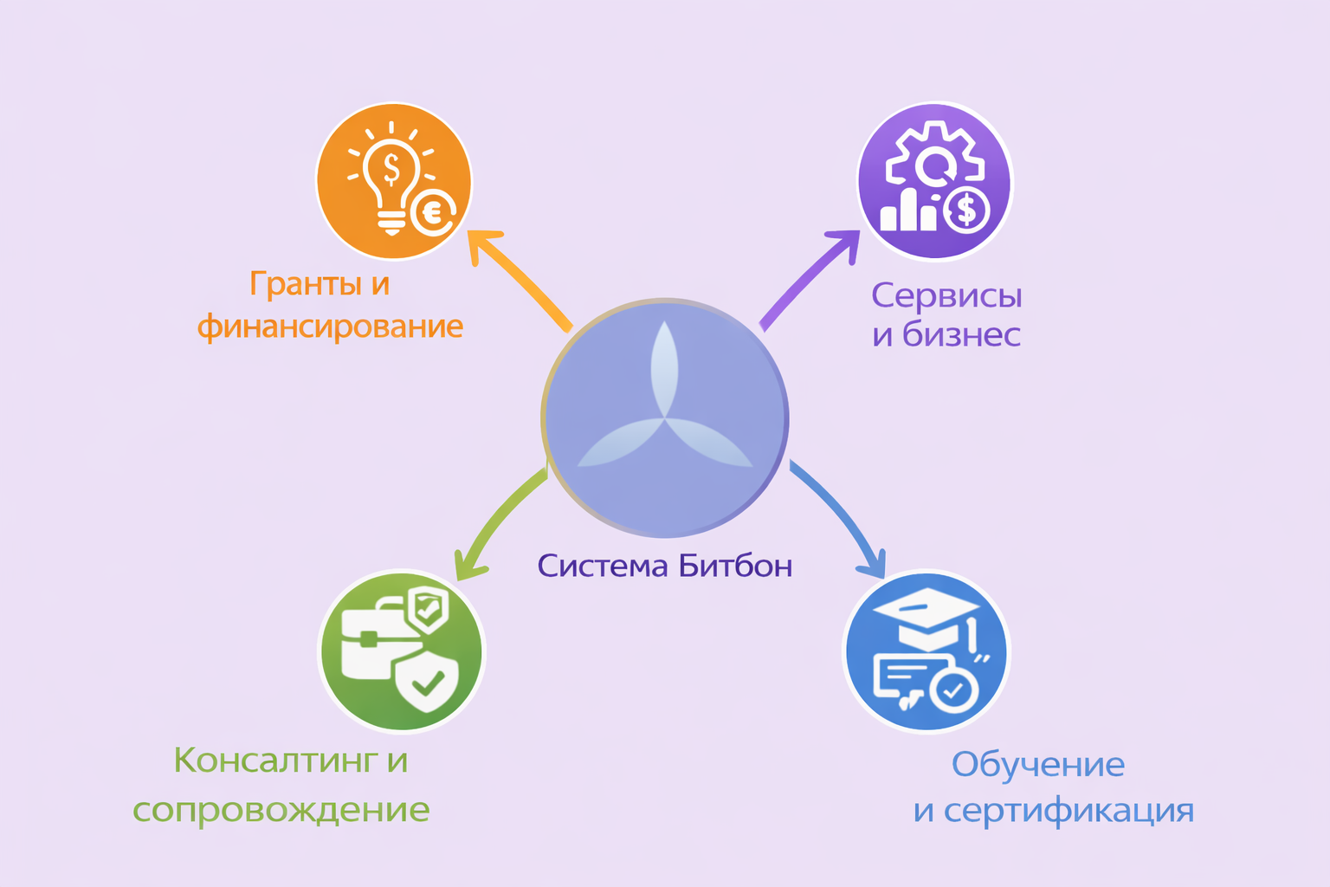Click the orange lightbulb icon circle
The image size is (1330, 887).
click(x=393, y=180)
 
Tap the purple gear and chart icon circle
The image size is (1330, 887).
click(x=934, y=180)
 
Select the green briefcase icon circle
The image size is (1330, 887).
click(x=402, y=651)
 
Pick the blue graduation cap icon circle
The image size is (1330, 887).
click(x=926, y=651)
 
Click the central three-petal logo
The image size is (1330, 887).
click(x=665, y=418)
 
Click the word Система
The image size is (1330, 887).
click(x=603, y=566)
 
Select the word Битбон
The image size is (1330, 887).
click(x=735, y=566)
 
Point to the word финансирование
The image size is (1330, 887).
click(x=330, y=327)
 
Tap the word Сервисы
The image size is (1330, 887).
click(x=946, y=296)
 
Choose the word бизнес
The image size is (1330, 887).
click(x=961, y=334)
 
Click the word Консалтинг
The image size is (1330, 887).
click(x=276, y=761)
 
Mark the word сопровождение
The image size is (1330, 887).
click(x=281, y=809)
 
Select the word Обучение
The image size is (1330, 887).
click(x=1037, y=765)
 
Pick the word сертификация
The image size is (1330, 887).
click(x=1069, y=811)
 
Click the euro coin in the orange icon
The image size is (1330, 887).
click(x=432, y=212)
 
